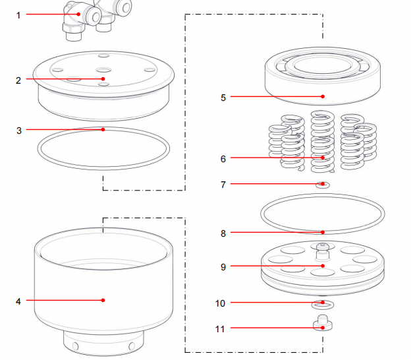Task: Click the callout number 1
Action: (x=18, y=14)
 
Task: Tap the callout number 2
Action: (x=18, y=80)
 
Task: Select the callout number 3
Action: (x=18, y=131)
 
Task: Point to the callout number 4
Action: (x=18, y=301)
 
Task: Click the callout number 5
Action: (x=223, y=98)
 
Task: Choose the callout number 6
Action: (x=223, y=159)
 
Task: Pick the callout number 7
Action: (x=223, y=185)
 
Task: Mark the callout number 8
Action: (x=223, y=233)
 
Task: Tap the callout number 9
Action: (x=223, y=267)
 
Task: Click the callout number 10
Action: (x=221, y=303)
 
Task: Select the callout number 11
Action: (x=221, y=328)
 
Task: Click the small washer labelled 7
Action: (x=323, y=185)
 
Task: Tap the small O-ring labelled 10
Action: (x=323, y=304)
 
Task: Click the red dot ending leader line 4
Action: (x=103, y=301)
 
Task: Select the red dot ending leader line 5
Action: (x=323, y=97)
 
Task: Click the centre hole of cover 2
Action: (x=103, y=69)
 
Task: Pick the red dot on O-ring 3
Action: (x=103, y=130)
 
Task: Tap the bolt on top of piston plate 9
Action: (x=322, y=249)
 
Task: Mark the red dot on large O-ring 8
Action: (x=323, y=232)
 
